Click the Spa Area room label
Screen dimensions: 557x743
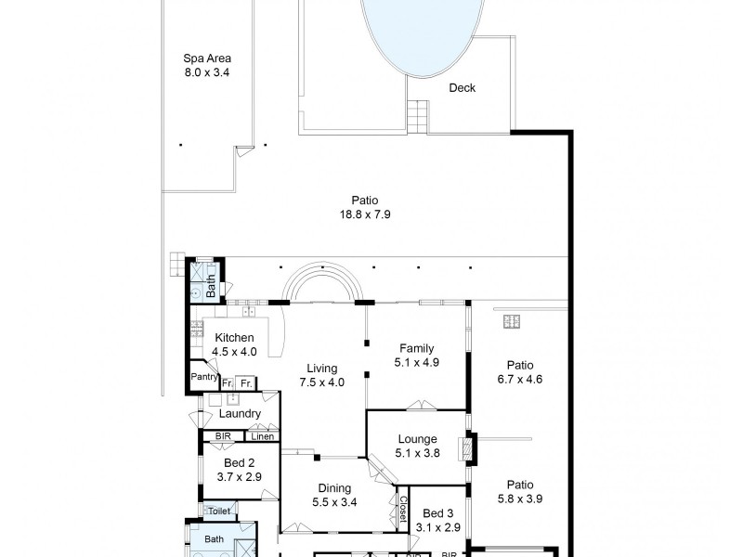pyautogui.click(x=206, y=58)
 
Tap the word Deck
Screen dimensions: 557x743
pyautogui.click(x=462, y=88)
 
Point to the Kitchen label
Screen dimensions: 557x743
pyautogui.click(x=234, y=338)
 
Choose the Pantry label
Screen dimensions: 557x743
pyautogui.click(x=203, y=377)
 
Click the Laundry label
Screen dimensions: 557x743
pyautogui.click(x=240, y=414)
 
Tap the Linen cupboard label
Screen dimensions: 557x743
pyautogui.click(x=262, y=436)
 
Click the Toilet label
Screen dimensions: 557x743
pyautogui.click(x=218, y=512)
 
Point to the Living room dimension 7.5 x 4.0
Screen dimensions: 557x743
pyautogui.click(x=323, y=382)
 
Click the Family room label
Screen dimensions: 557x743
pyautogui.click(x=417, y=348)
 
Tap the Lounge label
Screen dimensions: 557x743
pyautogui.click(x=417, y=441)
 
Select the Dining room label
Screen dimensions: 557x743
pyautogui.click(x=334, y=488)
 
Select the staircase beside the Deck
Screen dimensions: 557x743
pyautogui.click(x=417, y=116)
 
